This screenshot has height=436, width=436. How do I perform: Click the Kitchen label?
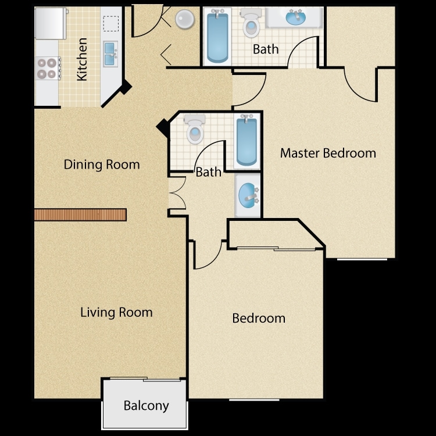pyautogui.click(x=82, y=59)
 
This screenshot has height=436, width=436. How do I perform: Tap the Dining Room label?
pyautogui.click(x=102, y=165)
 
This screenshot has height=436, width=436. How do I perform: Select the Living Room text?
pyautogui.click(x=116, y=312)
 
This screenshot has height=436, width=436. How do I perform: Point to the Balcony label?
pyautogui.click(x=146, y=406)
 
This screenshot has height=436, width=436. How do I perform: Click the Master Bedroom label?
pyautogui.click(x=328, y=153)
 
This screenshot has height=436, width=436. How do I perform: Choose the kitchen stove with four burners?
pyautogui.click(x=48, y=68)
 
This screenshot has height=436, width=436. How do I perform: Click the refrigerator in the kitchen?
pyautogui.click(x=51, y=23)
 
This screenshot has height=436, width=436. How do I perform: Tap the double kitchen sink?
pyautogui.click(x=110, y=54)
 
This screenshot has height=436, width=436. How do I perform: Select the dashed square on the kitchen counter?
pyautogui.click(x=111, y=24)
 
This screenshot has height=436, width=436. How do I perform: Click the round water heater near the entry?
pyautogui.click(x=185, y=19)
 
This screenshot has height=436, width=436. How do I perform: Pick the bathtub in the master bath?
pyautogui.click(x=217, y=37)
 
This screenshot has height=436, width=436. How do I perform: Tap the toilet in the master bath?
pyautogui.click(x=251, y=23)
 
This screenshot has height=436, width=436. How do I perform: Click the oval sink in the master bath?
pyautogui.click(x=296, y=17)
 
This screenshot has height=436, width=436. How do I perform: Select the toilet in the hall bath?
pyautogui.click(x=195, y=129)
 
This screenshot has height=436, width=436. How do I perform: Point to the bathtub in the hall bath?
pyautogui.click(x=247, y=141)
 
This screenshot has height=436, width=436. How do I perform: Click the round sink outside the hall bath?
pyautogui.click(x=247, y=195)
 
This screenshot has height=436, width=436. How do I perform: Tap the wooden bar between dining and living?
pyautogui.click(x=80, y=215)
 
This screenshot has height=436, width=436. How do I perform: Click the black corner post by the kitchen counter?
pyautogui.click(x=126, y=87)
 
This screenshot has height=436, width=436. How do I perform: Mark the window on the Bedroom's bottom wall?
pyautogui.click(x=254, y=400)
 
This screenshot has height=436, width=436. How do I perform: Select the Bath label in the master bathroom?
pyautogui.click(x=266, y=49)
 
